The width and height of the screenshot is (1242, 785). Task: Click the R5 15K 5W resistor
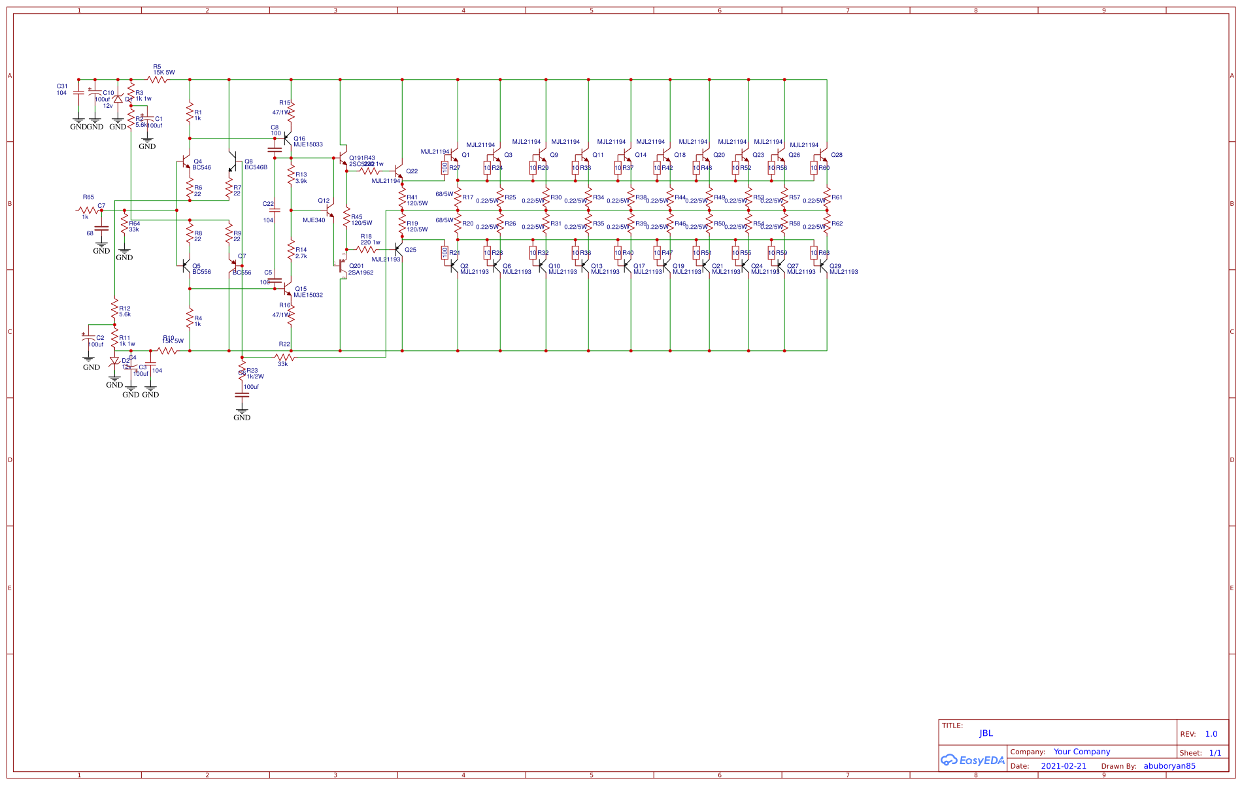pyautogui.click(x=157, y=79)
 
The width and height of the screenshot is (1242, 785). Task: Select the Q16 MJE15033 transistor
pyautogui.click(x=288, y=139)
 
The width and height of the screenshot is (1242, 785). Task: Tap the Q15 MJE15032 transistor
pyautogui.click(x=288, y=288)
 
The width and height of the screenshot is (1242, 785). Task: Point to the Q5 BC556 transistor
pyautogui.click(x=186, y=267)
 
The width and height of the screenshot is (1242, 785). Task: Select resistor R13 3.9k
pyautogui.click(x=292, y=175)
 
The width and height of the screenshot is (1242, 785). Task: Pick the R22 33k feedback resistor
pyautogui.click(x=284, y=358)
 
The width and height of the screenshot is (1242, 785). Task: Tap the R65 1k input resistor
pyautogui.click(x=88, y=210)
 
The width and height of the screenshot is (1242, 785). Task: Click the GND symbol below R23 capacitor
pyautogui.click(x=242, y=414)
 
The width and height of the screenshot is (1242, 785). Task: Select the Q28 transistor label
pyautogui.click(x=837, y=155)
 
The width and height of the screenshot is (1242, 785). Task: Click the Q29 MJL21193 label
pyautogui.click(x=843, y=269)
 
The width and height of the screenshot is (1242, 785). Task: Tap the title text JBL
pyautogui.click(x=986, y=733)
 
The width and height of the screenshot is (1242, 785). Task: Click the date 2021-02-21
pyautogui.click(x=1064, y=766)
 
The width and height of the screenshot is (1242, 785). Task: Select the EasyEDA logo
pyautogui.click(x=973, y=760)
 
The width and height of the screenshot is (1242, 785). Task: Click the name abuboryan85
pyautogui.click(x=1169, y=766)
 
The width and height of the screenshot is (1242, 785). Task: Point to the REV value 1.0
pyautogui.click(x=1211, y=734)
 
